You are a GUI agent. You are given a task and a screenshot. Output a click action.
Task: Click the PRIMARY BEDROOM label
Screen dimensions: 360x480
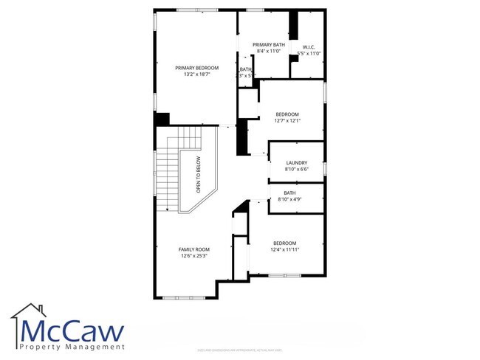pos(197,68)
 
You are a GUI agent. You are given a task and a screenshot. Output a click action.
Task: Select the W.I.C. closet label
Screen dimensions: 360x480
pos(309,47)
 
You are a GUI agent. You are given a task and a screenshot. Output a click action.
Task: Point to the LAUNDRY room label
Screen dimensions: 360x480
pos(296,163)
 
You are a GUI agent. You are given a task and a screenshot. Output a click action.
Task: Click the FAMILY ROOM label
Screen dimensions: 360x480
pos(194,249)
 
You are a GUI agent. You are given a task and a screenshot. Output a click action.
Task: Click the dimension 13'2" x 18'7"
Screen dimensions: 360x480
pos(197,75)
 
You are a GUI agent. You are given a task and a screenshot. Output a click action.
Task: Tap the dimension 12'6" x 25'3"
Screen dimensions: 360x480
pos(194,256)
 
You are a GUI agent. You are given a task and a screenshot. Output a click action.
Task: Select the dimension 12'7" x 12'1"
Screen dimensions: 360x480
pos(287,120)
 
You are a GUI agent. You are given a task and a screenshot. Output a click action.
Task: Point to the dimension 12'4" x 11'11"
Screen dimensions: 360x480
pos(285,249)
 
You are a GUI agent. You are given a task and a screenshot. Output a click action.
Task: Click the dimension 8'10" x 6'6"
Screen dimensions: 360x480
pos(296,170)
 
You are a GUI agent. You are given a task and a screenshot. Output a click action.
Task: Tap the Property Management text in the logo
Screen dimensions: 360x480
pos(72,347)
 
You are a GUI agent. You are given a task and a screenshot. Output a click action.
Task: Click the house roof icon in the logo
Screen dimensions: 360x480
pos(28,311)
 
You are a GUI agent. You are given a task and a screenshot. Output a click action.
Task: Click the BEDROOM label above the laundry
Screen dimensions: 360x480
pos(287,114)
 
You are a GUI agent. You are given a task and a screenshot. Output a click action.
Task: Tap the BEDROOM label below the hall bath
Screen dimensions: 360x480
pos(285,243)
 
